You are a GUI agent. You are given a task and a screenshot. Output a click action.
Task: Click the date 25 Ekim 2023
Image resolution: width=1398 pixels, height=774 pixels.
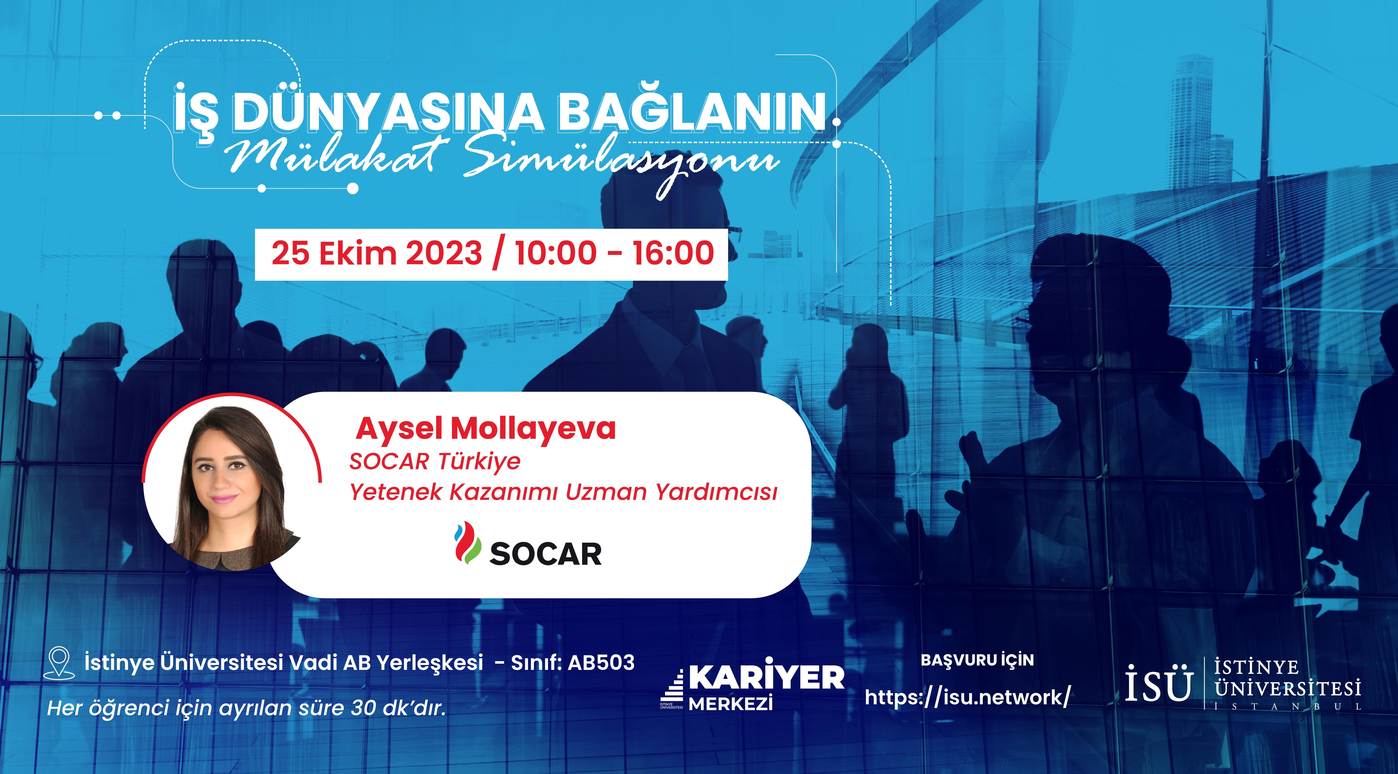point(377,254)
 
